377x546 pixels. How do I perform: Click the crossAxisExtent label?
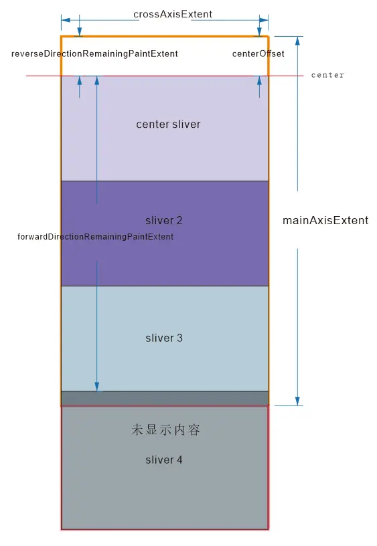(173, 14)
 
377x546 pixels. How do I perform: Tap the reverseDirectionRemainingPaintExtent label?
(94, 54)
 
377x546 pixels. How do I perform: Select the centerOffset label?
(258, 54)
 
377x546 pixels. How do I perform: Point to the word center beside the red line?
(327, 75)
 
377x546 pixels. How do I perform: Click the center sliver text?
(168, 124)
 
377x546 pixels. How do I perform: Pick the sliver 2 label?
(164, 220)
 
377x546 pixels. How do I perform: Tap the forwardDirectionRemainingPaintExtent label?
(96, 237)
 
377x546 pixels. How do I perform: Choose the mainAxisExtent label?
(325, 220)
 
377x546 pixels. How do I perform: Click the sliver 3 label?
(164, 338)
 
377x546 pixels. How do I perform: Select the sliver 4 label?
(164, 460)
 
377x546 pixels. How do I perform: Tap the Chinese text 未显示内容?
(165, 430)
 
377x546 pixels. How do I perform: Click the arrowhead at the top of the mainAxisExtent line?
(297, 41)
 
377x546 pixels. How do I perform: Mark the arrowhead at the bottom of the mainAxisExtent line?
(297, 401)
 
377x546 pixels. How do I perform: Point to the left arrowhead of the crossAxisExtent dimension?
(66, 20)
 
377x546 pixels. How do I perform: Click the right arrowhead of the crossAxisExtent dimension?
(264, 20)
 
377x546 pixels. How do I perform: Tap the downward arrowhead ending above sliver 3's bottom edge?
(97, 387)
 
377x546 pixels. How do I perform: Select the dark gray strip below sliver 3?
(165, 398)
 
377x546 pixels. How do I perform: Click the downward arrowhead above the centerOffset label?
(259, 31)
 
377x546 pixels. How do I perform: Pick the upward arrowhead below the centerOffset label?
(259, 81)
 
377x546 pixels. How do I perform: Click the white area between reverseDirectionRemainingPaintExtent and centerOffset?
(205, 54)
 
